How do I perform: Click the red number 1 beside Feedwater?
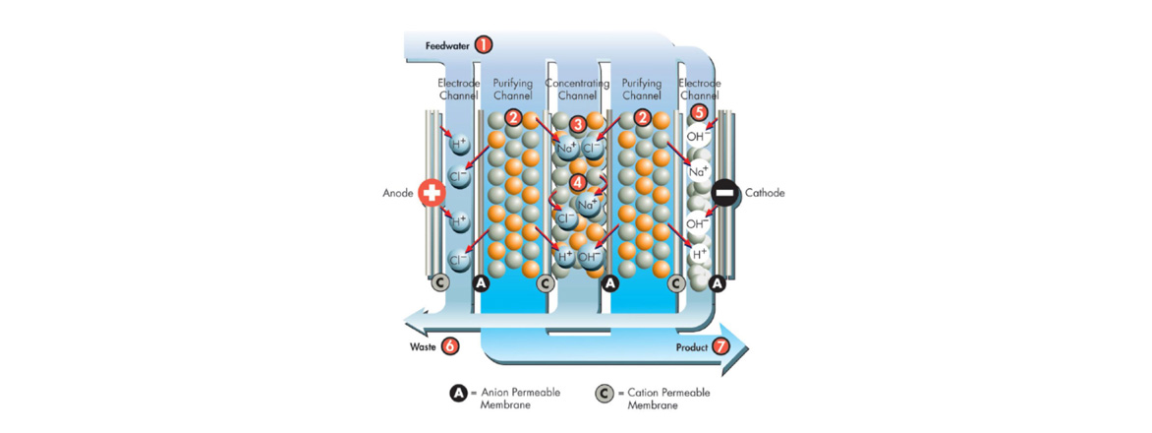[483, 44]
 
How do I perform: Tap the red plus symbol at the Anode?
[432, 193]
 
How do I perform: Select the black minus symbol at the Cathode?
[724, 193]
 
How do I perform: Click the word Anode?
[398, 193]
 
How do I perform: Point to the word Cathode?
[765, 193]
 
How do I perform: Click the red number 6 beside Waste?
[449, 345]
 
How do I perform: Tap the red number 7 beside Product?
[720, 346]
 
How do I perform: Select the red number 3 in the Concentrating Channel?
[578, 124]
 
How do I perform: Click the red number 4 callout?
[578, 182]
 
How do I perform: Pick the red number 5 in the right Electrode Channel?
[699, 113]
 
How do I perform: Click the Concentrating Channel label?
[577, 90]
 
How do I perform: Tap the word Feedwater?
[445, 45]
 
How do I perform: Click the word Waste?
[423, 346]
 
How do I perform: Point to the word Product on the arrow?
[692, 347]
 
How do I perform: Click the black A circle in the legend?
[458, 394]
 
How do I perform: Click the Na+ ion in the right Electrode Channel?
[699, 171]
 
